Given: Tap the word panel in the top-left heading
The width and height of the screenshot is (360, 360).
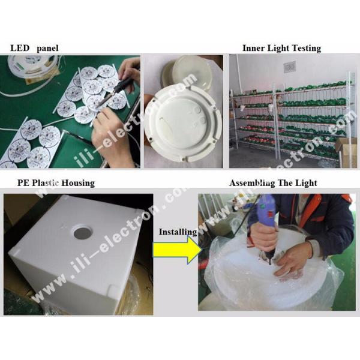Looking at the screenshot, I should tap(48, 48).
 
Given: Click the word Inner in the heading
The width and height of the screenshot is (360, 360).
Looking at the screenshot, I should tap(254, 48).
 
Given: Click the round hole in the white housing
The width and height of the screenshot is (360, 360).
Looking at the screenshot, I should tap(79, 230).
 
